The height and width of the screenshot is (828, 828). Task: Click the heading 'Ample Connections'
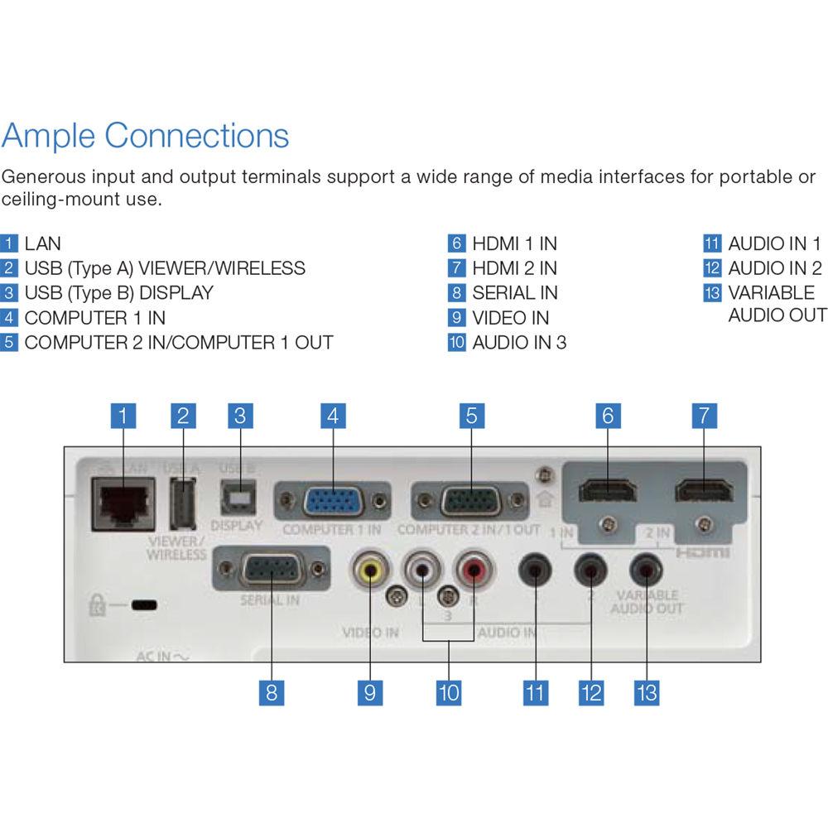click(146, 135)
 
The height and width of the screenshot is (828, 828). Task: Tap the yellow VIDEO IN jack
click(370, 570)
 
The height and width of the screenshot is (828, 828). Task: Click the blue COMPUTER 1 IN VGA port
click(331, 502)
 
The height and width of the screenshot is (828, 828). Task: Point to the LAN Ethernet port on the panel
click(123, 502)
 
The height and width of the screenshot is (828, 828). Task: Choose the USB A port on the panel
click(183, 503)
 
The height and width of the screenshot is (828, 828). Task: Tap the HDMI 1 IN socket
click(608, 491)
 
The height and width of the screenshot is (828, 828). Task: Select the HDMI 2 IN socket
click(704, 491)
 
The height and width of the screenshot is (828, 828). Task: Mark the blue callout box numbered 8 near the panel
click(271, 692)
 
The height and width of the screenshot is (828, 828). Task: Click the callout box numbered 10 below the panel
click(449, 692)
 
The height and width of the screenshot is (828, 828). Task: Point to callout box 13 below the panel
click(646, 692)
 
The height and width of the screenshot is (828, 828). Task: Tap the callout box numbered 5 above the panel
click(470, 416)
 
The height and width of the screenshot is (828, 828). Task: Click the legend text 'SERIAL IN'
click(515, 293)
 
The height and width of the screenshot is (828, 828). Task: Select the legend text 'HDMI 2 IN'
click(514, 268)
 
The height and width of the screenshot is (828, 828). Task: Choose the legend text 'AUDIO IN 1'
click(774, 244)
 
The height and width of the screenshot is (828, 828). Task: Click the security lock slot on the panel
click(146, 605)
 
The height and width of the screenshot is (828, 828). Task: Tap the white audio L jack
click(422, 570)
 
